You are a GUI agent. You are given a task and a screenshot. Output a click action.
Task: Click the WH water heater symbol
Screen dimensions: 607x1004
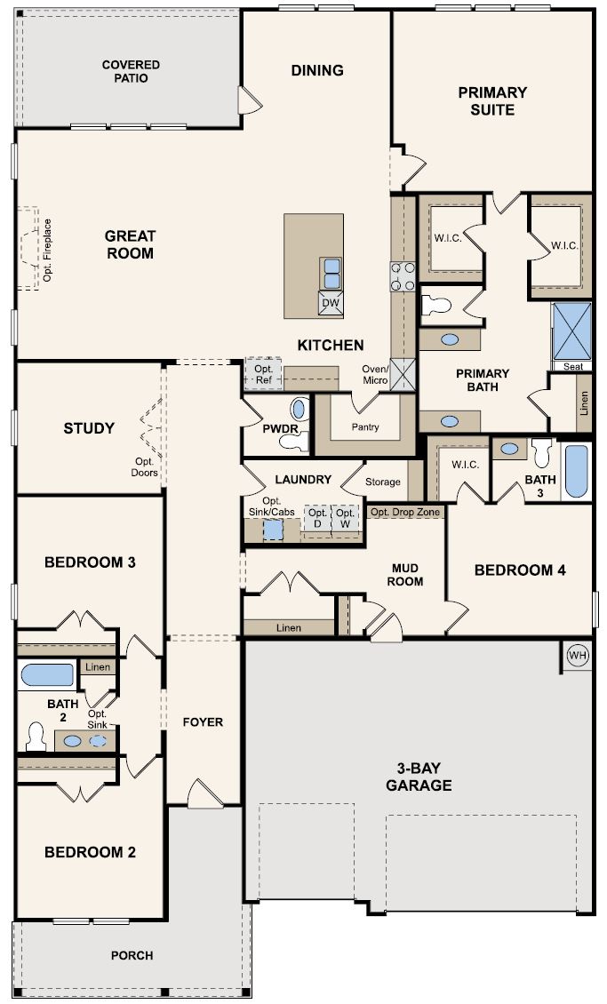click(x=578, y=656)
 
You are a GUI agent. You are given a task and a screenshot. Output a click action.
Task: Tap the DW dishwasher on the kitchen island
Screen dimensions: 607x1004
click(x=331, y=303)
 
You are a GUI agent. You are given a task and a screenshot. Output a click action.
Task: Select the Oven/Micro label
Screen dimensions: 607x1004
click(x=374, y=375)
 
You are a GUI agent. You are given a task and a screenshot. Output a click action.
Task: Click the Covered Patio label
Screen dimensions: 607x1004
click(x=131, y=71)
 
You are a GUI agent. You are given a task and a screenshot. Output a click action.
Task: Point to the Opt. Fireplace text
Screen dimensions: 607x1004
click(x=47, y=251)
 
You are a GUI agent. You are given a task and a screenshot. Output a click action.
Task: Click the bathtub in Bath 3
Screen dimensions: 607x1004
click(x=576, y=471)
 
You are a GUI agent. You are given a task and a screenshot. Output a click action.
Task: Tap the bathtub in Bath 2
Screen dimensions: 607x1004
click(x=47, y=675)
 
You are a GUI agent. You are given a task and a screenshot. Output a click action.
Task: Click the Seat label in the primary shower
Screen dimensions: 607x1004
click(x=573, y=366)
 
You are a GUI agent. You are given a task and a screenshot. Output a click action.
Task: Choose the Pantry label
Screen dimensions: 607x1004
click(x=365, y=426)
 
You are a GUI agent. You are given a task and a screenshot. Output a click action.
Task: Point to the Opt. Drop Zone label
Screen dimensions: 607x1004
click(x=405, y=512)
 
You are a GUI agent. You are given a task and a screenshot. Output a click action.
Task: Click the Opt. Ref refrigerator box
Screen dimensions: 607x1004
click(x=263, y=374)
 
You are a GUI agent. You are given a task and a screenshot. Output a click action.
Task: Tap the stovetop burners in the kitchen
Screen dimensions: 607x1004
click(x=403, y=276)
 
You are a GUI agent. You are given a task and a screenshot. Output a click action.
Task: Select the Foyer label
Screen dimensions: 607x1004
click(x=203, y=721)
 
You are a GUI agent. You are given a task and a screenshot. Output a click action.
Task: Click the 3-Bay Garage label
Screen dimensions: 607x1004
click(x=419, y=777)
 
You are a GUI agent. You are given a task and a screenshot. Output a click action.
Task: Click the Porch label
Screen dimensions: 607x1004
click(x=132, y=955)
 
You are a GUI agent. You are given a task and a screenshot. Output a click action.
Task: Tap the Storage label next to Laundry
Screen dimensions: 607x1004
click(x=383, y=482)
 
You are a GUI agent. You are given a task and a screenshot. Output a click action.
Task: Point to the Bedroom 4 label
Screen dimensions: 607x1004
click(x=520, y=570)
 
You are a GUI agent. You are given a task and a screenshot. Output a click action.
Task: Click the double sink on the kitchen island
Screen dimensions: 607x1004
click(x=331, y=274)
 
